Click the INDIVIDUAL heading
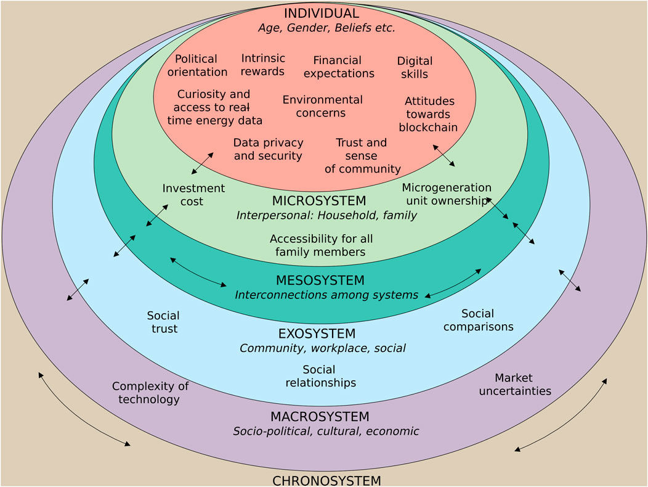(321, 13)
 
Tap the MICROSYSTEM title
(319, 201)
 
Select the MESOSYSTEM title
(320, 280)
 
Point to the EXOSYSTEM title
(317, 334)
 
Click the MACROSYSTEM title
(320, 416)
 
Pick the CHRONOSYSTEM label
(326, 481)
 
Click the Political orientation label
(197, 65)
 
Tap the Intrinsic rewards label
(263, 65)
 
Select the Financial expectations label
(339, 67)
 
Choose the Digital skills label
(415, 67)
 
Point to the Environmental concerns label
(322, 106)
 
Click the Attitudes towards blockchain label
(429, 114)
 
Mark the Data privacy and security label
(268, 149)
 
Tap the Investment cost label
(193, 194)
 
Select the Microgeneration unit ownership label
(447, 194)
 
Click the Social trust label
(164, 322)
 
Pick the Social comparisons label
(478, 320)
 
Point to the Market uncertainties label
(515, 385)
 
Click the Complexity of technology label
(150, 393)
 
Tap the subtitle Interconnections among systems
(326, 295)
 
